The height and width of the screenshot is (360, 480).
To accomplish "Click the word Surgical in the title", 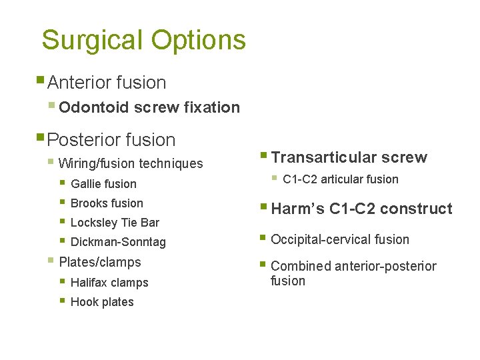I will tap(92, 40).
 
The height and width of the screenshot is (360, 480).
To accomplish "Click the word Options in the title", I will tap(198, 40).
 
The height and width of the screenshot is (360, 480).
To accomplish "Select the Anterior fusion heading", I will tap(107, 83).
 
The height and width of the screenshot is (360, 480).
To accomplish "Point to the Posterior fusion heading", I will tap(111, 140).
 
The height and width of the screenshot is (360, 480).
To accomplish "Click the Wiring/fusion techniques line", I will tap(131, 163).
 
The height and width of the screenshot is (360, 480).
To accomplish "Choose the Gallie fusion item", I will tap(103, 184).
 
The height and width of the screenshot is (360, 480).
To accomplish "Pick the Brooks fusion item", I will tap(107, 203).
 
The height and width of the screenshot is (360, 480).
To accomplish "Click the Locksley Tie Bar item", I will tap(115, 223).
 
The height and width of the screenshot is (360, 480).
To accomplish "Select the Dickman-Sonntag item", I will tap(118, 242).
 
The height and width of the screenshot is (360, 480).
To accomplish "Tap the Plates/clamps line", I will tap(100, 262).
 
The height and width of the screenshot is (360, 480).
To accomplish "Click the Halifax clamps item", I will tap(109, 283).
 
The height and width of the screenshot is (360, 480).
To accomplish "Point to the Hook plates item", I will tap(102, 302).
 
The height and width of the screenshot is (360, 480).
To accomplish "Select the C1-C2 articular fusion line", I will tap(341, 179).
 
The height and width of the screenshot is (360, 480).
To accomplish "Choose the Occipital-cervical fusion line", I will tap(340, 239).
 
